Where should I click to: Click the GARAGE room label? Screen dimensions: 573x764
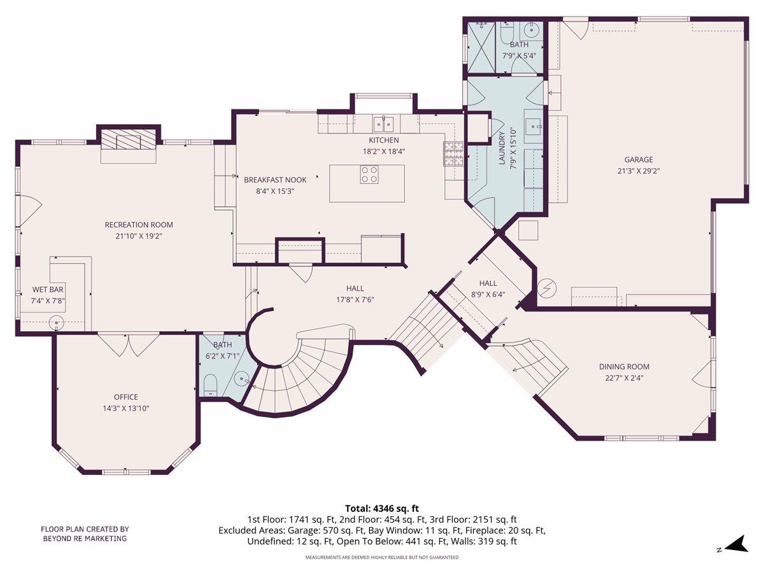(638, 160)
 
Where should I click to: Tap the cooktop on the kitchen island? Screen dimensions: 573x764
(369, 174)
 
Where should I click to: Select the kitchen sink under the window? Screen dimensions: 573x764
(383, 122)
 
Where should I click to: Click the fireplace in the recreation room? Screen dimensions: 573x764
(128, 141)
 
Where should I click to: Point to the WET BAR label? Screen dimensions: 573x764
(48, 290)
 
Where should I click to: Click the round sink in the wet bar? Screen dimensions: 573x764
(58, 323)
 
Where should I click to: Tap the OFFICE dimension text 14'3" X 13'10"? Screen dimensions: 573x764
(125, 408)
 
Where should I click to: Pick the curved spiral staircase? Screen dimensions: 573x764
(299, 376)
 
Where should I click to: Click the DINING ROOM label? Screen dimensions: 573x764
(624, 367)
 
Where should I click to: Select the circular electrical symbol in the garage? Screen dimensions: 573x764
(547, 288)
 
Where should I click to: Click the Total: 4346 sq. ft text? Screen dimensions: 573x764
(382, 508)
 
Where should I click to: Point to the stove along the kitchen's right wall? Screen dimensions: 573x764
(453, 153)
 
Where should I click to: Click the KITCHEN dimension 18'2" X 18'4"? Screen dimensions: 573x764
(384, 152)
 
